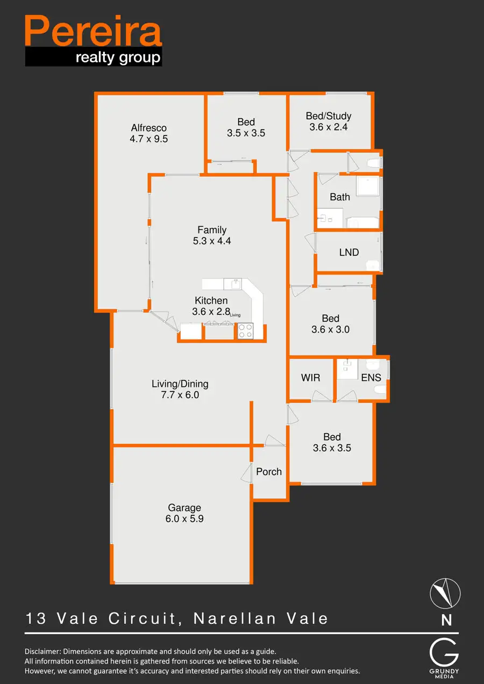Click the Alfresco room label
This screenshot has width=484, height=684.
pyautogui.click(x=149, y=128)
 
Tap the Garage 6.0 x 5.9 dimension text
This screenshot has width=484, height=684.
pyautogui.click(x=184, y=519)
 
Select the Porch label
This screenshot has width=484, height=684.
pyautogui.click(x=269, y=472)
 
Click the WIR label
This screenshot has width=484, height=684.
pyautogui.click(x=310, y=378)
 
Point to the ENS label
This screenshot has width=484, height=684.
pyautogui.click(x=371, y=378)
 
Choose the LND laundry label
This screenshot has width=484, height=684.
pyautogui.click(x=349, y=252)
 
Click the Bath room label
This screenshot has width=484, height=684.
pyautogui.click(x=340, y=197)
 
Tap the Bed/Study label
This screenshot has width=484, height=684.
pyautogui.click(x=329, y=116)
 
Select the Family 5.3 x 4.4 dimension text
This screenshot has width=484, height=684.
pyautogui.click(x=212, y=241)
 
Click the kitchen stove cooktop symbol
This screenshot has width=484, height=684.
pyautogui.click(x=245, y=330)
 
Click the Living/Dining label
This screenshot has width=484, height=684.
pyautogui.click(x=180, y=384)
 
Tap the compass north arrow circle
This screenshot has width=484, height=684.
pyautogui.click(x=445, y=594)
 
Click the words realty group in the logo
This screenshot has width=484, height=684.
pyautogui.click(x=118, y=57)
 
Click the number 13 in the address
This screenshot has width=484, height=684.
pyautogui.click(x=35, y=618)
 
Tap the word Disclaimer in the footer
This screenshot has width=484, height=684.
pyautogui.click(x=45, y=652)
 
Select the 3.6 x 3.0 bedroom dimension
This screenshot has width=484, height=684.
pyautogui.click(x=330, y=329)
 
